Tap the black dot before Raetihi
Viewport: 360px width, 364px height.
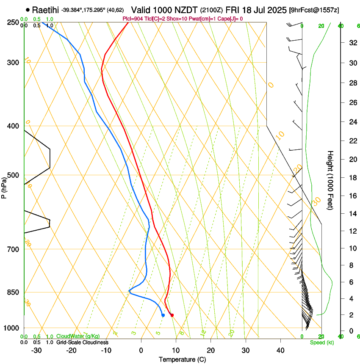click(x=28, y=9)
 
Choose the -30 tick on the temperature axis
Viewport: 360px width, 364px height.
click(x=36, y=350)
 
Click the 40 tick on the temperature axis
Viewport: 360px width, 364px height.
click(x=280, y=350)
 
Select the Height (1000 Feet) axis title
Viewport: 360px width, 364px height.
click(x=331, y=180)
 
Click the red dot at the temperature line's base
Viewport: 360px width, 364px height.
click(x=172, y=315)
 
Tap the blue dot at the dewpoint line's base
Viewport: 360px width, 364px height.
click(x=163, y=315)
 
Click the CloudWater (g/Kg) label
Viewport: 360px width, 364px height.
click(x=78, y=336)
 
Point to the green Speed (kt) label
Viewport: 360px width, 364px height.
click(x=321, y=342)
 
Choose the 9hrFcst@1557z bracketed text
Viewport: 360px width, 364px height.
click(x=314, y=10)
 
